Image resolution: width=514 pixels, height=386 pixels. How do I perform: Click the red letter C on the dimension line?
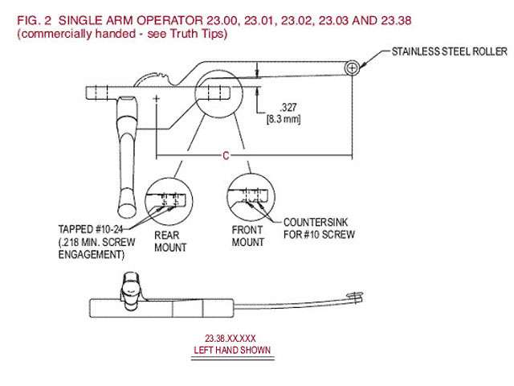pyautogui.click(x=226, y=155)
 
